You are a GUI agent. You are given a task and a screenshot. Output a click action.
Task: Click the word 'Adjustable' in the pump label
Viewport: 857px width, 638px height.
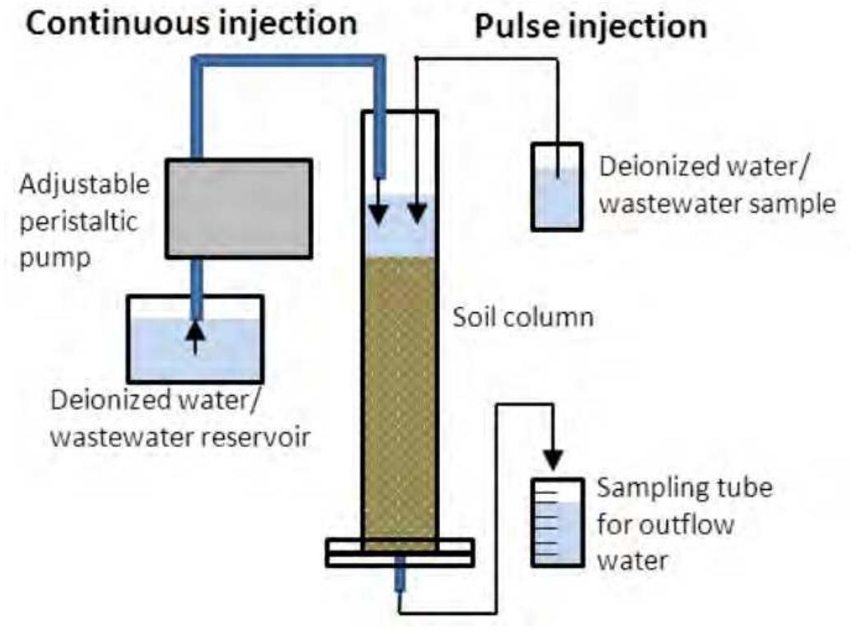click(86, 183)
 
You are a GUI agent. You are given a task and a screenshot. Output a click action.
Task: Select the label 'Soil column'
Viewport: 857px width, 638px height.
click(523, 317)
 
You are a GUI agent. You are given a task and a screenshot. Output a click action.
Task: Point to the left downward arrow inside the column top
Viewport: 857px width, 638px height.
click(379, 212)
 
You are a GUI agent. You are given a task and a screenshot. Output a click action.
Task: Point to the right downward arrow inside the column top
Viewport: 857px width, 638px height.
click(419, 212)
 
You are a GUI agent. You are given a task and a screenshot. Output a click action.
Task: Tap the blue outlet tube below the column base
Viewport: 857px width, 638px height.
click(400, 580)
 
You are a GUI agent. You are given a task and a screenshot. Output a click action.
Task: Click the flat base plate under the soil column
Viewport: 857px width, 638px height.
click(400, 552)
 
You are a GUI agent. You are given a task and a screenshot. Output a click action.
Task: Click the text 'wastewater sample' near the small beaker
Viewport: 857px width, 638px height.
click(716, 203)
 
